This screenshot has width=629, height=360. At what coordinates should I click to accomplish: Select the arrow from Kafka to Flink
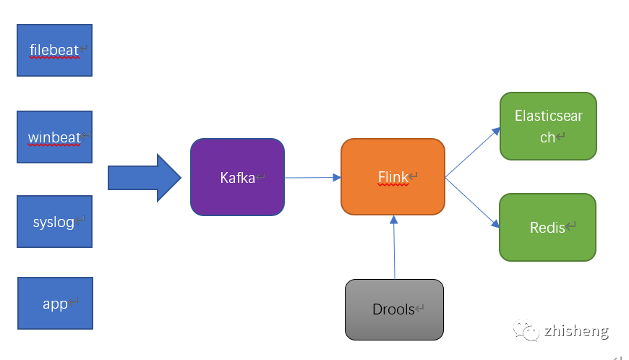point(312,177)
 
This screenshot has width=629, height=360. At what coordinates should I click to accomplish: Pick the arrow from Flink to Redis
point(473,202)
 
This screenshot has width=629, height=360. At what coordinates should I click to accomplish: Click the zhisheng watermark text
point(575,331)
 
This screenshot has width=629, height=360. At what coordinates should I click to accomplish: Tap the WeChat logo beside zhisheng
point(526,330)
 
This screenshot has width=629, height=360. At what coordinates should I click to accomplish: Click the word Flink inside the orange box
point(393,177)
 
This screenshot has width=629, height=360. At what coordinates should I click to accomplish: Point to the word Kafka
point(237,177)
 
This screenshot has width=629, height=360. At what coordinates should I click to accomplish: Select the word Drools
point(393,309)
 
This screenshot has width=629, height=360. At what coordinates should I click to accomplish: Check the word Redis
point(547,228)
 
